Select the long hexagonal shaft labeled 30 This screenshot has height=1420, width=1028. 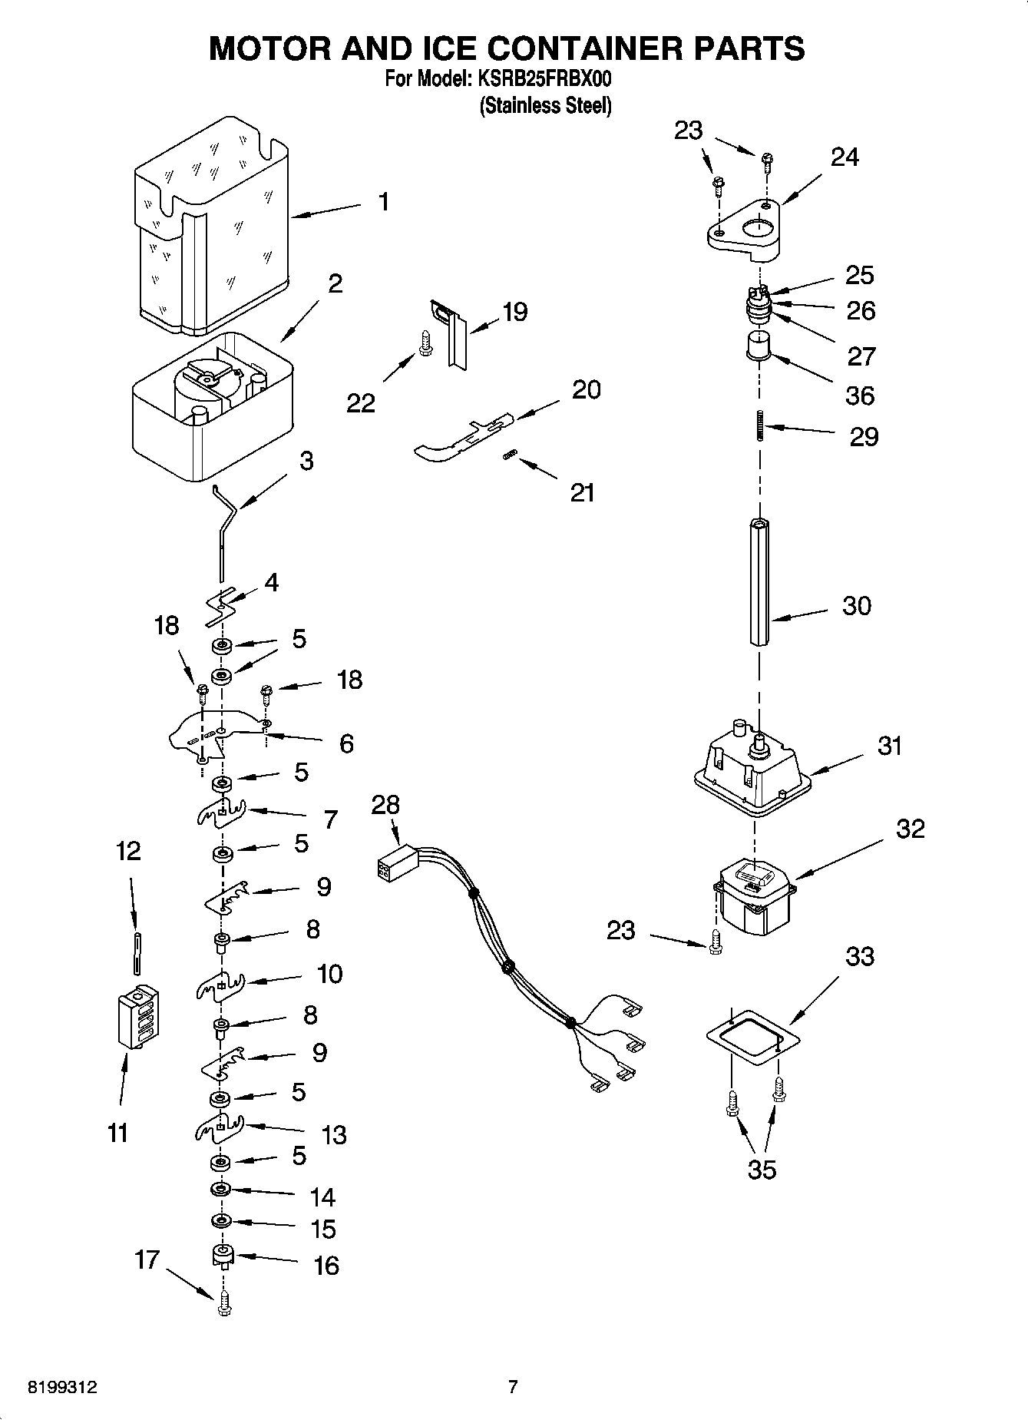click(759, 584)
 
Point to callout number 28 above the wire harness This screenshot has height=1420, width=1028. click(385, 805)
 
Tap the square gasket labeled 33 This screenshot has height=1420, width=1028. click(752, 1037)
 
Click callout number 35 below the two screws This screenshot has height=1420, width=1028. click(762, 1170)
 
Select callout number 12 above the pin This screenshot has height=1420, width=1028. click(128, 851)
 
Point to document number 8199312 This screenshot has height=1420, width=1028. click(61, 1387)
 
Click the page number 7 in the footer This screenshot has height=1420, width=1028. click(513, 1386)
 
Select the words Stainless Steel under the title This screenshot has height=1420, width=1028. click(545, 106)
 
